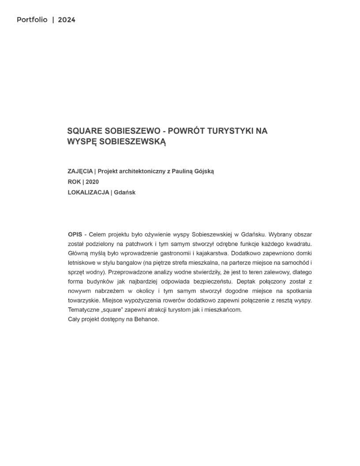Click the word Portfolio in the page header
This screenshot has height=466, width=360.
click(32, 20)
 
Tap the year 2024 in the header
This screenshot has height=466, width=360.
click(67, 20)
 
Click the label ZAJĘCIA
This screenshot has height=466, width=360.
click(80, 171)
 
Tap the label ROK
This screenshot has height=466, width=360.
click(74, 182)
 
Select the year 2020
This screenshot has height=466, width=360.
click(92, 182)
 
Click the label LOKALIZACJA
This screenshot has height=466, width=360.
click(88, 192)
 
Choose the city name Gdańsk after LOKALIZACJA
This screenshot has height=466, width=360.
click(124, 192)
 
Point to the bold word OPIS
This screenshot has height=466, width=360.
click(75, 234)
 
